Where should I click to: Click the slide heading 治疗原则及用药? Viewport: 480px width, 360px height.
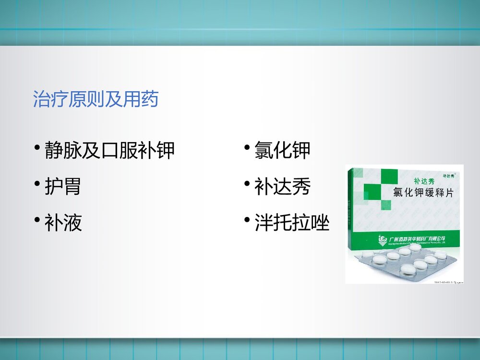(95, 99)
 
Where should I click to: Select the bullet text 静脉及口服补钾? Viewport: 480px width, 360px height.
(109, 150)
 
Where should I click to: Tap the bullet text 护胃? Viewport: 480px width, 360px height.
(62, 187)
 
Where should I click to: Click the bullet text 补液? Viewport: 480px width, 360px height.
(63, 223)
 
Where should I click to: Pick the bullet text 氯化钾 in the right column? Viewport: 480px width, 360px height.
(282, 150)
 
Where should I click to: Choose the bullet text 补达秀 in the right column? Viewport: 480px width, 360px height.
(282, 187)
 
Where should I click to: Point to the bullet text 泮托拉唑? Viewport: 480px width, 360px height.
(292, 223)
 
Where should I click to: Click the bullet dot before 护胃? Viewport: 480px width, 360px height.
(37, 184)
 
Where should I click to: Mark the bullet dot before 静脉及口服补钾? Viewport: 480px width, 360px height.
(37, 147)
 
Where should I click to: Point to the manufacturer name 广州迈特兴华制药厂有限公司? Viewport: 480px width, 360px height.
(418, 238)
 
